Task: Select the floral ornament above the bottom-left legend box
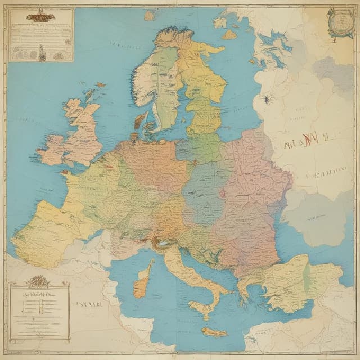point(39,280)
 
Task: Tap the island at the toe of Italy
point(201,308)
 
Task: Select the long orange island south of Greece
point(214,332)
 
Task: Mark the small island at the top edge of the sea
point(149,16)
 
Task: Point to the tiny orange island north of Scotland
point(101,85)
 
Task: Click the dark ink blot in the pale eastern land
point(265,100)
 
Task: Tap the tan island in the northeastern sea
point(229,35)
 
